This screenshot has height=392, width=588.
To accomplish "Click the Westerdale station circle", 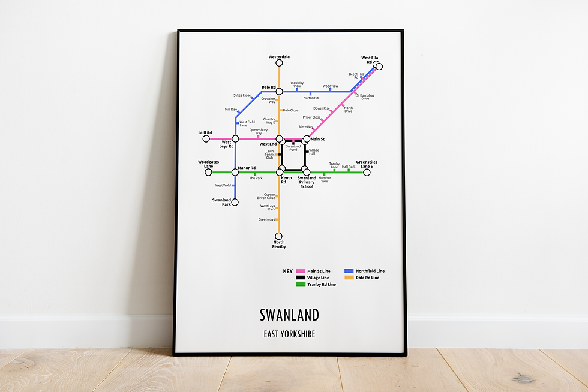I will pos(279,64).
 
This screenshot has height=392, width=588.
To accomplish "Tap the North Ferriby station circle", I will pos(278,236).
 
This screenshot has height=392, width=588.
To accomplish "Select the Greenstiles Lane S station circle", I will pos(367,173).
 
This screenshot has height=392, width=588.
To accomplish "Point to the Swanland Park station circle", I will pos(235,202).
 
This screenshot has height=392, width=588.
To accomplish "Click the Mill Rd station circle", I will pos(206,139).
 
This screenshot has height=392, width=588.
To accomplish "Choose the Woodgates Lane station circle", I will pos(208,173).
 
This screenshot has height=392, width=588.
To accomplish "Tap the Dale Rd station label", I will pos(268,88).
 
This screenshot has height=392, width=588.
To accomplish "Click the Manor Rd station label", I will pos(247,168).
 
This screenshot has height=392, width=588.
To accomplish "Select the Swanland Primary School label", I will pos(307,182).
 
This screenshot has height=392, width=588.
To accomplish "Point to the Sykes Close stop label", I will pos(242,95).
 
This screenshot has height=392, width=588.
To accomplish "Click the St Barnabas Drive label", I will pos(365,97).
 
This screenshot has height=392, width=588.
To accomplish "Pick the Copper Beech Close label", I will pos(266,196).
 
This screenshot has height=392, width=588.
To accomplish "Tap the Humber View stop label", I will pos(325,179).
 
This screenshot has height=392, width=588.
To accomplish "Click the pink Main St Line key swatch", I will pos(301,271).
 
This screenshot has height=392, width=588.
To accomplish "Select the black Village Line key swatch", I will pos(301,278).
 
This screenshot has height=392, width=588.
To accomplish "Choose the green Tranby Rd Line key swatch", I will pos(301,284).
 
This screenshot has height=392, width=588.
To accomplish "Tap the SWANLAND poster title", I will pos(289,315).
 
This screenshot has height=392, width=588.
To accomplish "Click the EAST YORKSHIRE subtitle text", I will pos(289,334).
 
